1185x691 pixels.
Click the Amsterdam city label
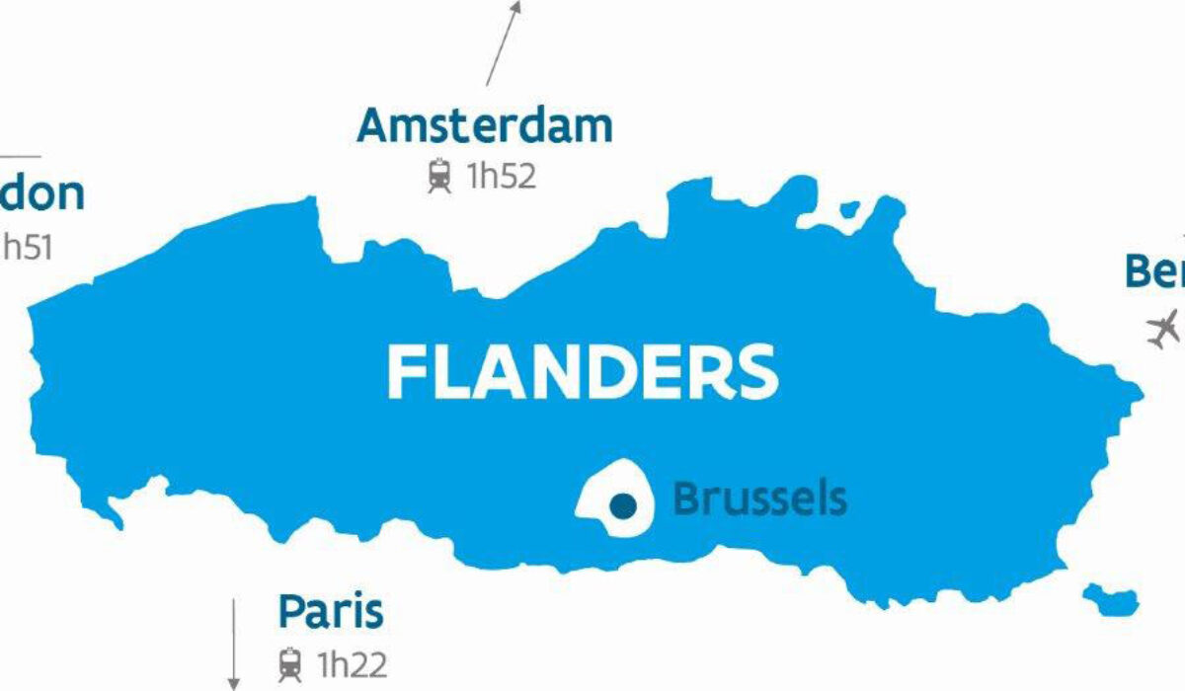point(485,126)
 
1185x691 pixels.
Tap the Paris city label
point(330,612)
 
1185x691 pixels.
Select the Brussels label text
point(758,499)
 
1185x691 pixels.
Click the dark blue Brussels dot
point(622,505)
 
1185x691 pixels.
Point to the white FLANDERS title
point(583,373)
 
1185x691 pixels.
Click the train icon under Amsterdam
point(439,177)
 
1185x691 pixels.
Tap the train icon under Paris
point(290,661)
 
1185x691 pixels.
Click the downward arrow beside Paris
point(234,642)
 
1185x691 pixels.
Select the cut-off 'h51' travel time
point(27,246)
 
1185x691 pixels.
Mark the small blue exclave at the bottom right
point(1112,597)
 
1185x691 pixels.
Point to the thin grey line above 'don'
point(20,156)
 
